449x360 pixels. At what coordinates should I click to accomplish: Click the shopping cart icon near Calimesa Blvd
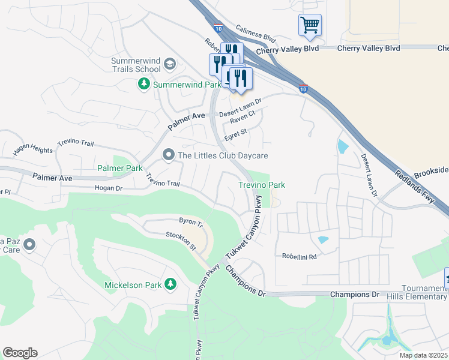310,25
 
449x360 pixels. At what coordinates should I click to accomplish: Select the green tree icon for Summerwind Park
144,85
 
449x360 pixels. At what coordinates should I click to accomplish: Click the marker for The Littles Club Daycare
169,156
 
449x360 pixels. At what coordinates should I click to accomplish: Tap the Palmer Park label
120,169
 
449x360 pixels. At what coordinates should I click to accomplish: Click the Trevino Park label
262,185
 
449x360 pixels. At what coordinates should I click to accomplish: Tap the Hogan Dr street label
109,188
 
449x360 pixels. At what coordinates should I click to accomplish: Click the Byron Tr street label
191,222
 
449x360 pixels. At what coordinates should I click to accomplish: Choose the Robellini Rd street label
299,256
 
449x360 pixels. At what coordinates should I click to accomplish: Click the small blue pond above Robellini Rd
323,240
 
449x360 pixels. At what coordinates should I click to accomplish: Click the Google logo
20,353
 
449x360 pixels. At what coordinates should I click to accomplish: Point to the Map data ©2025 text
423,355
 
